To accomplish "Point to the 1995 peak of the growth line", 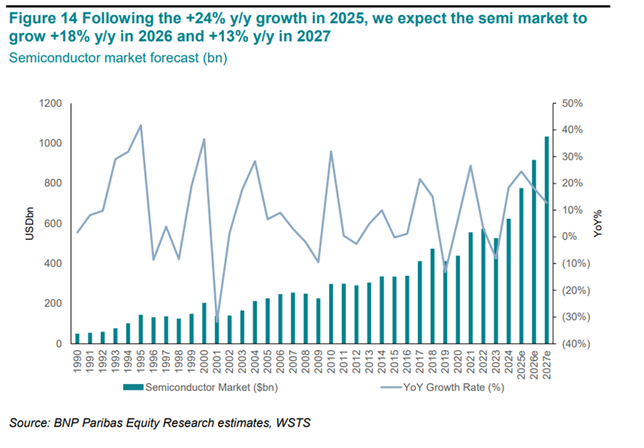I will tap(141, 125).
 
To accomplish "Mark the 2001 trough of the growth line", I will tap(217, 322).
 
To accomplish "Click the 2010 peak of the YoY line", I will tap(331, 152).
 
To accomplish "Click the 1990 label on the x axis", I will tap(78, 363).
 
